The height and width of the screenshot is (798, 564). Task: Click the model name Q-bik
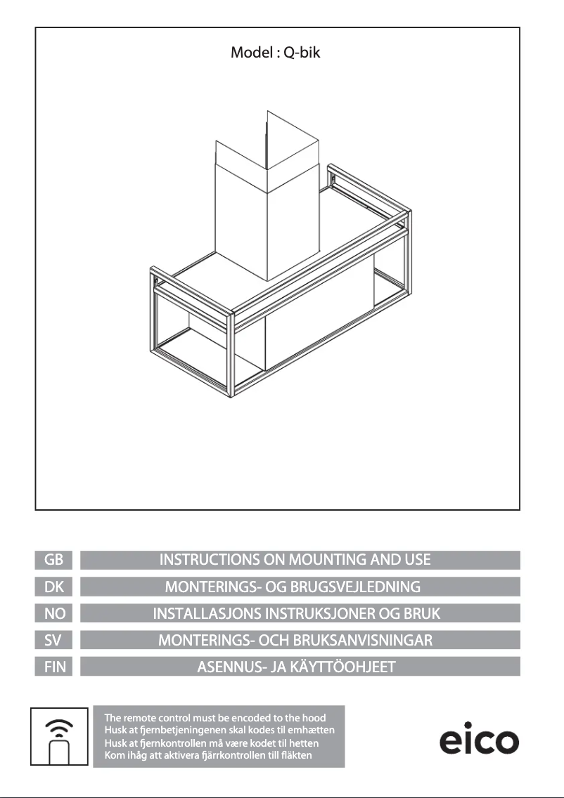click(302, 53)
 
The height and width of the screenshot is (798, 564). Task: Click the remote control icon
click(59, 736)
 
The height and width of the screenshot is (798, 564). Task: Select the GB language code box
click(53, 560)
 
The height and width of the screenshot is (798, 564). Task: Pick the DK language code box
click(53, 587)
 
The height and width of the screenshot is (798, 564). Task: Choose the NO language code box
click(53, 613)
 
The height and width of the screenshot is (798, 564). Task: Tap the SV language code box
click(53, 640)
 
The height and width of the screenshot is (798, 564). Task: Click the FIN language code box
click(53, 666)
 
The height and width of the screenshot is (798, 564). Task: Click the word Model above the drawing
click(252, 52)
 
